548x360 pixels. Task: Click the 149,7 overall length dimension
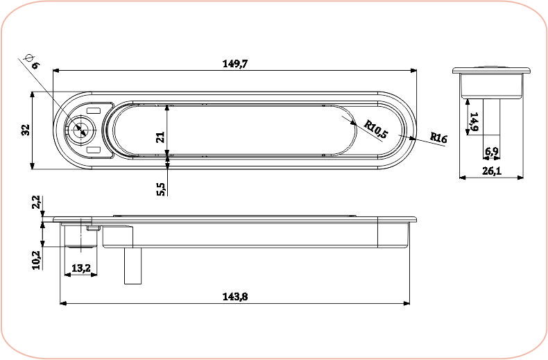point(235,63)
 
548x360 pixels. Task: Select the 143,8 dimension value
point(235,296)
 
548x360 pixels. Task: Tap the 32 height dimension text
point(25,130)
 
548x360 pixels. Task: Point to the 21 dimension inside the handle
point(160,137)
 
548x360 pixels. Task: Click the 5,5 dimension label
point(161,188)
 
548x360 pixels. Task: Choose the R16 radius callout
point(438,137)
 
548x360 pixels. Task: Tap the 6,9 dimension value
point(491,151)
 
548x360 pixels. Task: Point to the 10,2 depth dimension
point(36,261)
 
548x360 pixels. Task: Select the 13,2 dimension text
point(80,268)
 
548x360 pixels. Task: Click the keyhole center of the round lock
point(80,129)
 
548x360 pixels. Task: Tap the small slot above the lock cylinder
point(94,109)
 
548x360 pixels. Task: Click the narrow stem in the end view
point(491,117)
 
